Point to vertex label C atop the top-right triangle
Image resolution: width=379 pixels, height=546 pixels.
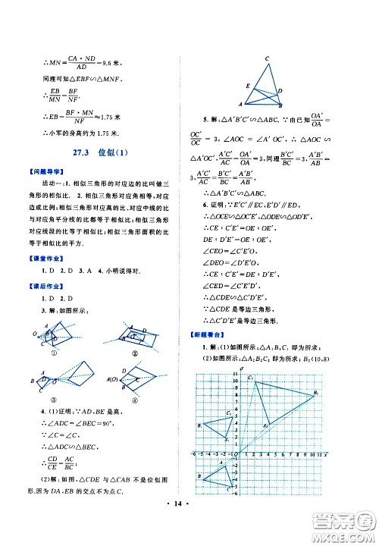(268, 59)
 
